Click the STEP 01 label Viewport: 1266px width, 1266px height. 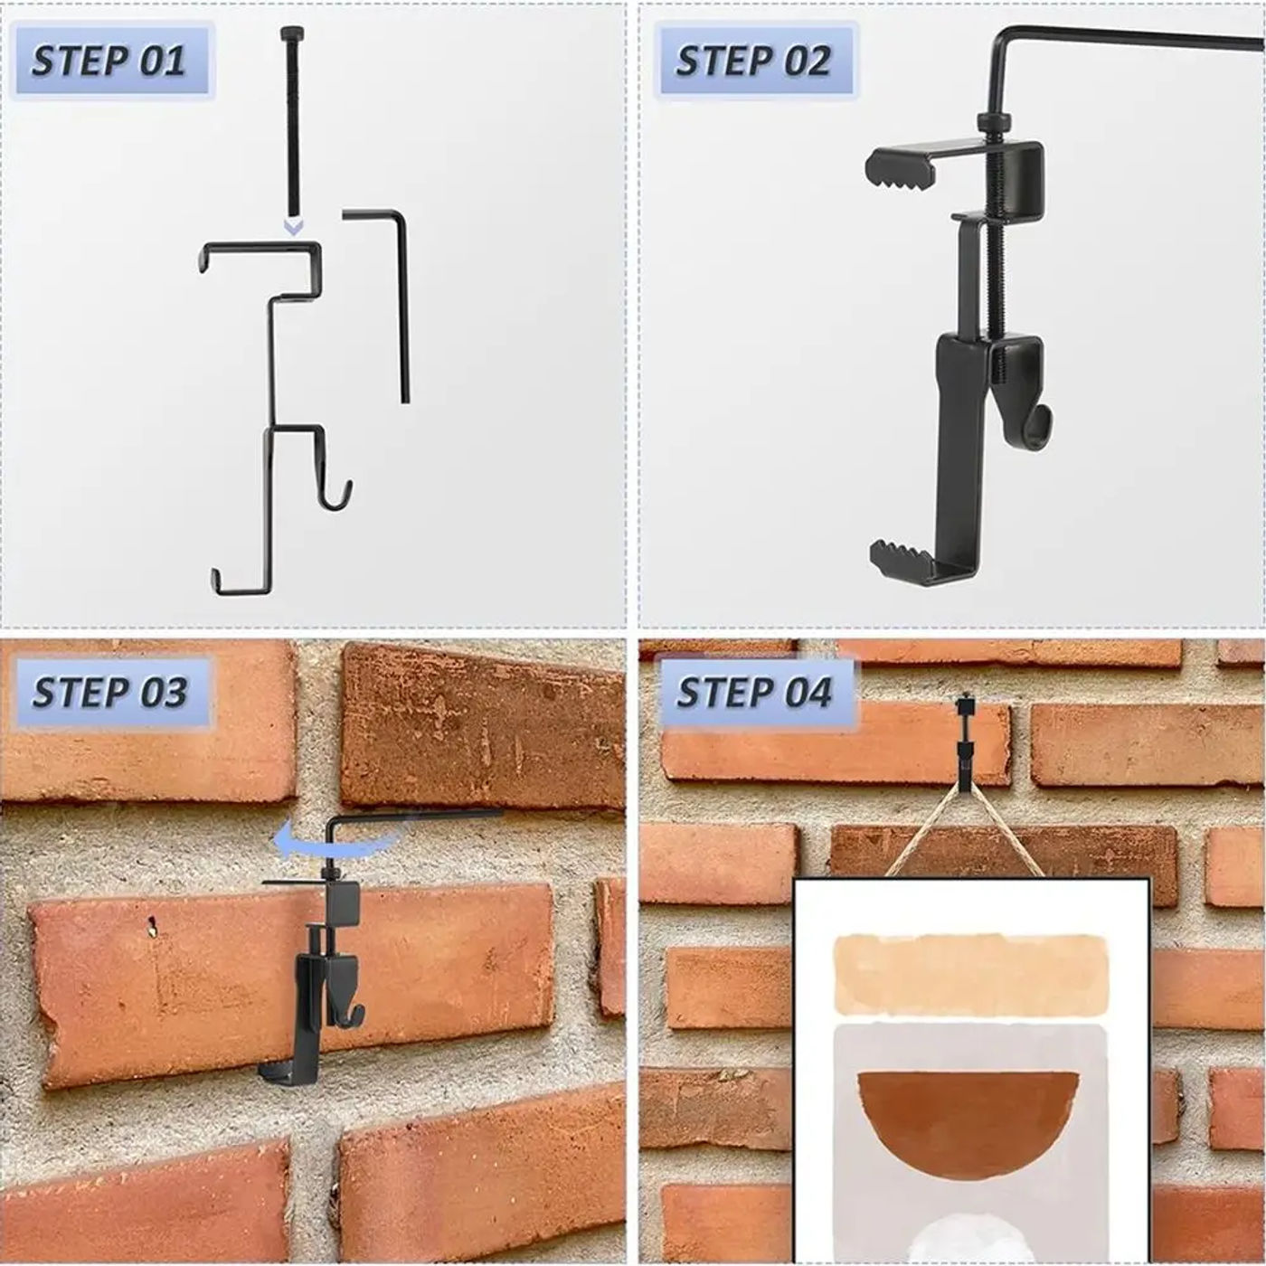pos(109,61)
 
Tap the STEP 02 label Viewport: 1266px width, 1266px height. pos(753,61)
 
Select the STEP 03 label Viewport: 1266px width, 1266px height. pos(109,693)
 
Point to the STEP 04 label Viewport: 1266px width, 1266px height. pos(755,693)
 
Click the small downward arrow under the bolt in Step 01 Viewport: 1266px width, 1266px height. pos(293,228)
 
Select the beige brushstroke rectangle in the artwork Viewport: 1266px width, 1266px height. pos(969,974)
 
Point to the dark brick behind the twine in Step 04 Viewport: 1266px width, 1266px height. pos(1004,864)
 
